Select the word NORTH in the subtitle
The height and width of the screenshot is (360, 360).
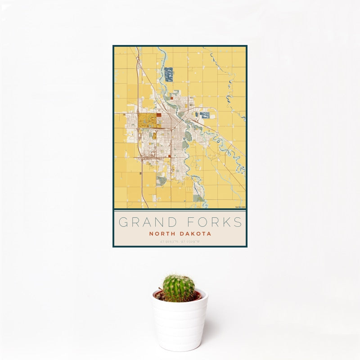[x=165, y=234]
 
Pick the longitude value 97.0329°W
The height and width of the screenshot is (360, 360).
[x=191, y=242]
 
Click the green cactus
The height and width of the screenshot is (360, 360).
[x=179, y=288]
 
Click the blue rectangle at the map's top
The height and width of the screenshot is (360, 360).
[x=169, y=74]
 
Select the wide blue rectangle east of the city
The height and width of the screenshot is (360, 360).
[x=205, y=115]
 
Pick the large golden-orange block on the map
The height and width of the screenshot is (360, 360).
[x=147, y=120]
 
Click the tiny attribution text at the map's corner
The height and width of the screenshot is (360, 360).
[x=240, y=207]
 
